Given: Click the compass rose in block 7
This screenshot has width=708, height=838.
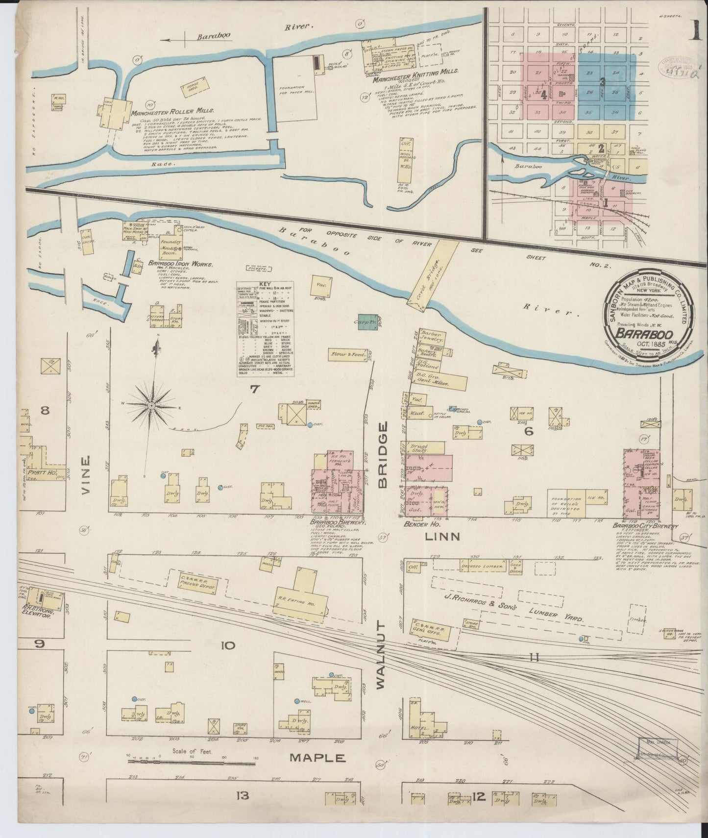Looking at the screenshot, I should point(151,405).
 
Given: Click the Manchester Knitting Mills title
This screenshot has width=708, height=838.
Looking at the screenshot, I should point(415,71).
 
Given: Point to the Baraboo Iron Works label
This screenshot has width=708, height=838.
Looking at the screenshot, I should point(174,263).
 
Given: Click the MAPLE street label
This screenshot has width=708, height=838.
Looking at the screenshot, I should point(317,757).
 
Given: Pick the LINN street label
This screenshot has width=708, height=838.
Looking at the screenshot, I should point(442,536).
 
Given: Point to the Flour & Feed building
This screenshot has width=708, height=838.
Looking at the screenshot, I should point(346,354).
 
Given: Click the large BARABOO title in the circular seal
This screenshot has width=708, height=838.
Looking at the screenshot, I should point(639,333).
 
